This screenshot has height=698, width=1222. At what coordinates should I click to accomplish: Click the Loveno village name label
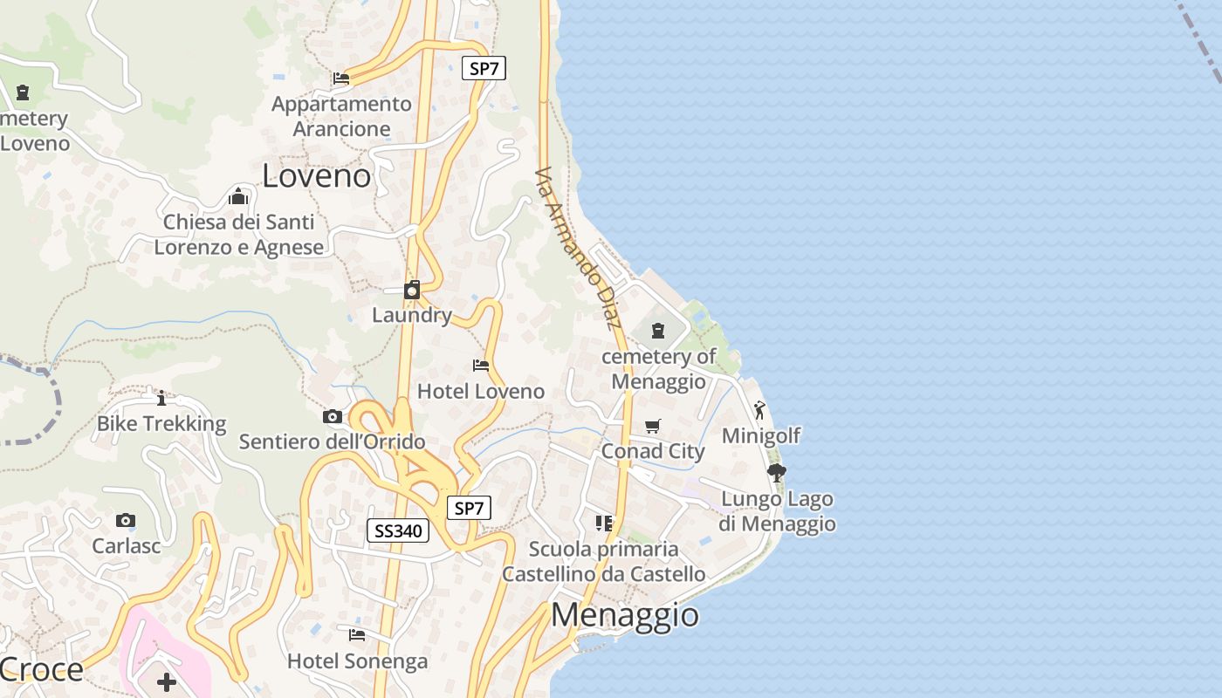tap(316, 176)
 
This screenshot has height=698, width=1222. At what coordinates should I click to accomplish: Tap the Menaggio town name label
tap(625, 615)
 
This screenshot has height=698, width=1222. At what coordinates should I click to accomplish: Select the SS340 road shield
tap(398, 530)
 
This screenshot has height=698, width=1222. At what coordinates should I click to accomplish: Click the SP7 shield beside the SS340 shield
tap(469, 508)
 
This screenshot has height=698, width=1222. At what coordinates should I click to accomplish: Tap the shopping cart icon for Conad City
tap(653, 426)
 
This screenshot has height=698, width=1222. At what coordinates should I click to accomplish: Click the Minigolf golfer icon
tap(759, 409)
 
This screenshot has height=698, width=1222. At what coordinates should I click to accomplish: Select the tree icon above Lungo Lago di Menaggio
tap(776, 473)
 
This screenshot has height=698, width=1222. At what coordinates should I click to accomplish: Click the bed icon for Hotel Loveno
tap(481, 365)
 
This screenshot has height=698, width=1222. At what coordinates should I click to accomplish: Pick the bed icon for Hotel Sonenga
tap(357, 634)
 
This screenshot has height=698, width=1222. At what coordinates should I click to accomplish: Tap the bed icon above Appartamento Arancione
tap(341, 79)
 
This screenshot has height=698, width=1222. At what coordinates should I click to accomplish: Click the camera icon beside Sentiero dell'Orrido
tap(332, 416)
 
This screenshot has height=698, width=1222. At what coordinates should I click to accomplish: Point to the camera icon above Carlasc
tap(126, 521)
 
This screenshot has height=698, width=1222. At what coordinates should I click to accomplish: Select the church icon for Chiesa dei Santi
tap(238, 196)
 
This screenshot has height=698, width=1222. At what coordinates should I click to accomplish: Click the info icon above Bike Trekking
tap(161, 399)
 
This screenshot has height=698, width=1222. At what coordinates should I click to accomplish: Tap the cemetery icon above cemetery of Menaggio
tap(658, 331)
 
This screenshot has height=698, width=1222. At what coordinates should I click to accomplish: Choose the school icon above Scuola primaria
tap(603, 523)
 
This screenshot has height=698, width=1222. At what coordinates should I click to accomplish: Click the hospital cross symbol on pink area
tap(167, 681)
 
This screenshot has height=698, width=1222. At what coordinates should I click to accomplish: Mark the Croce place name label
tap(41, 670)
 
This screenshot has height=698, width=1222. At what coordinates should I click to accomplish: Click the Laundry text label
tap(412, 315)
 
